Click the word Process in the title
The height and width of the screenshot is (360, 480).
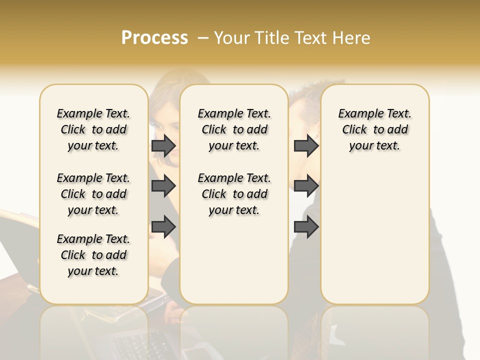pyautogui.click(x=154, y=38)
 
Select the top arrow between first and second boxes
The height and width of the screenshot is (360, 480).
pyautogui.click(x=163, y=146)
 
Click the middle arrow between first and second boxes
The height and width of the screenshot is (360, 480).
pyautogui.click(x=163, y=186)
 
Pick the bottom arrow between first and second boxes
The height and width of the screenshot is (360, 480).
pyautogui.click(x=163, y=226)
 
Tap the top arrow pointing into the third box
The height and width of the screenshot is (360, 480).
pyautogui.click(x=306, y=146)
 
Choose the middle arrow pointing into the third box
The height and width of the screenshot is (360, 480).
pyautogui.click(x=306, y=186)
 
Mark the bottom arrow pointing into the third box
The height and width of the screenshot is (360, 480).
pyautogui.click(x=306, y=226)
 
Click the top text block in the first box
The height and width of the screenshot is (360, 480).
pyautogui.click(x=93, y=129)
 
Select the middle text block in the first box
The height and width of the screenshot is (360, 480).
pyautogui.click(x=93, y=194)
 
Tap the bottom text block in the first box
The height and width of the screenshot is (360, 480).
pyautogui.click(x=93, y=255)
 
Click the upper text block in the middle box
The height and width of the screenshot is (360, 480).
pyautogui.click(x=234, y=129)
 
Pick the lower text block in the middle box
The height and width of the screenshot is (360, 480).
pyautogui.click(x=234, y=194)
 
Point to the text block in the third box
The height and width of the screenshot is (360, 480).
pyautogui.click(x=375, y=129)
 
